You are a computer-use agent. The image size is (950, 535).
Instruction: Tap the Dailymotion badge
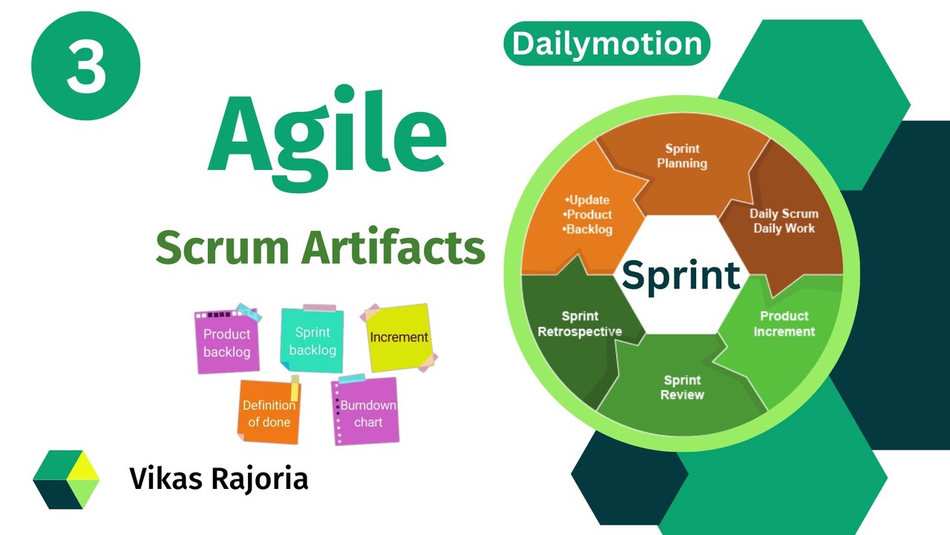[606, 44]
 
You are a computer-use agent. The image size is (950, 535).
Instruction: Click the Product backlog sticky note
[227, 343]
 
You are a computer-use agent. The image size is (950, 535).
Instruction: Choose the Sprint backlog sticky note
[312, 341]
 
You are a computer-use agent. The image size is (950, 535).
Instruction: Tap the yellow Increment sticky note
[399, 337]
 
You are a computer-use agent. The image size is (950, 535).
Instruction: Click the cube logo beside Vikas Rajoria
[66, 479]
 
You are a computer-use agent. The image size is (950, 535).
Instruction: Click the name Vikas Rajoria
[219, 479]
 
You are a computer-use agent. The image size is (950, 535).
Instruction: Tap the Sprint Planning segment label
[682, 156]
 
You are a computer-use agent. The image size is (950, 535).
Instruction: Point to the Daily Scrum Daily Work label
[784, 221]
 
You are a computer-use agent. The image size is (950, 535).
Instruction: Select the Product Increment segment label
[784, 324]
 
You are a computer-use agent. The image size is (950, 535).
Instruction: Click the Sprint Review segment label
[682, 387]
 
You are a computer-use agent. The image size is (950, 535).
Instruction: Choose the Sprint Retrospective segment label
[580, 324]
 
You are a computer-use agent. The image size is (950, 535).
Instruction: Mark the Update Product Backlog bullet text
[589, 215]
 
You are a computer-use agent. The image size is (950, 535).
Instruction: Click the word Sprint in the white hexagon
[681, 275]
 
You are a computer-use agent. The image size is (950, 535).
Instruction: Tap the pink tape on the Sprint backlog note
[319, 308]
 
